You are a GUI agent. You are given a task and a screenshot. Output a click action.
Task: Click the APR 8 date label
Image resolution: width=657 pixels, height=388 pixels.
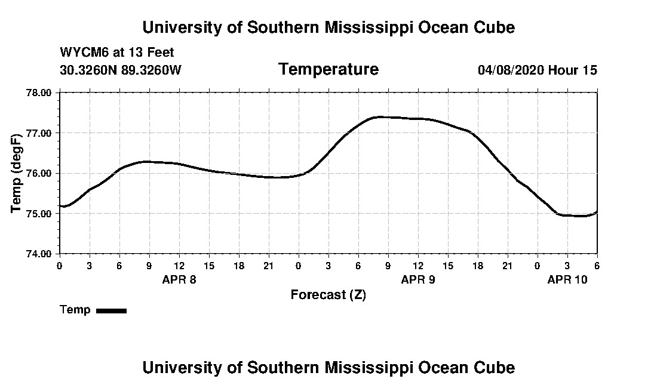pos(179,279)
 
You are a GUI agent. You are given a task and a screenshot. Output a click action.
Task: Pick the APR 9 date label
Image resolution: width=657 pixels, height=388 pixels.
pos(418,279)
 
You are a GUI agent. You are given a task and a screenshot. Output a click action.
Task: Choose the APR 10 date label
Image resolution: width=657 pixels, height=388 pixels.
pos(567,279)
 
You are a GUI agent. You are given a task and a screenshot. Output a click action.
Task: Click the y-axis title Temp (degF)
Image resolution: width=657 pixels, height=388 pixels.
pos(17,174)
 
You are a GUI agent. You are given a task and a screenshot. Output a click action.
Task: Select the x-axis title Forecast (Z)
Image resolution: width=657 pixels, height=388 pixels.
pos(328,295)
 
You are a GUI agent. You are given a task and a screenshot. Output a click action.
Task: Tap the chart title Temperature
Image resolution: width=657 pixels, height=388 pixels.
pos(328,70)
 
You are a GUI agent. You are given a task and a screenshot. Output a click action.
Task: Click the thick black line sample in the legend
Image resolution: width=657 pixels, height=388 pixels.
pos(111,310)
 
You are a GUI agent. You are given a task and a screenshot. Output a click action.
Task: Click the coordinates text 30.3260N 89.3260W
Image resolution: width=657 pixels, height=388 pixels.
pos(120,70)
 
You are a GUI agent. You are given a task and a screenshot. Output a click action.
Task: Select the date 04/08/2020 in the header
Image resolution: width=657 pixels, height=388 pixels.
pos(511,70)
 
